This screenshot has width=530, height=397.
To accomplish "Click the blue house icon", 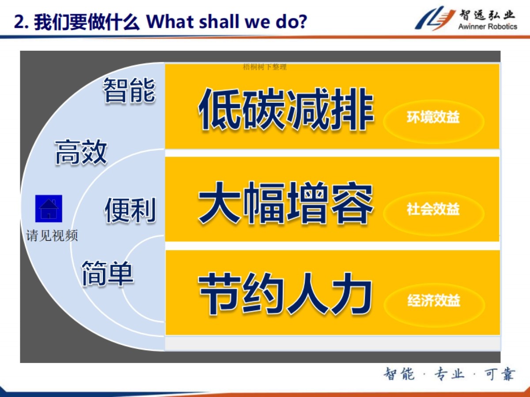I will click(x=49, y=208).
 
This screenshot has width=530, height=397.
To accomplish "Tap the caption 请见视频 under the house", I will click(x=52, y=236).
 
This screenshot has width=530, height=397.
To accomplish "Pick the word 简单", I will click(x=107, y=273).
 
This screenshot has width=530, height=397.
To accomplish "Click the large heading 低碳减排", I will click(x=286, y=109).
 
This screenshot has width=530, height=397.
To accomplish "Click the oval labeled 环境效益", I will click(x=433, y=118).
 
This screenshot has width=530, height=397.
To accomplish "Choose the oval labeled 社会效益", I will click(x=433, y=210).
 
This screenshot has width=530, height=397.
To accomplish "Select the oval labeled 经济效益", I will click(x=434, y=301).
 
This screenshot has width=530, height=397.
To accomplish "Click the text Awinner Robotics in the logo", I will click(x=487, y=26).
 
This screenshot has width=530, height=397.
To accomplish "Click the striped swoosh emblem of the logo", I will click(x=435, y=18).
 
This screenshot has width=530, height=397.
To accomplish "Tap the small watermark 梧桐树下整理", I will click(x=265, y=67).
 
